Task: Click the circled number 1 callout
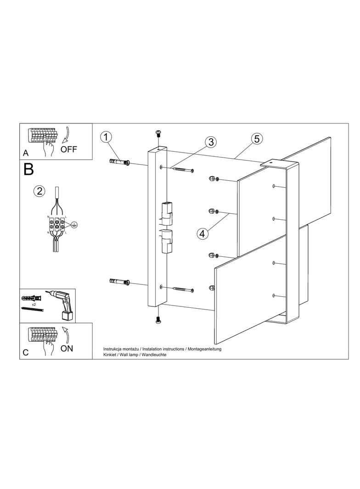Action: (x=106, y=137)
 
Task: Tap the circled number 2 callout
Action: (x=39, y=191)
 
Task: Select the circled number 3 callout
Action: (x=211, y=142)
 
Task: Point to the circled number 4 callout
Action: (x=202, y=233)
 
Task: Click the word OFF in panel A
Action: (x=68, y=150)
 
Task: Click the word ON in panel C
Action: (x=67, y=348)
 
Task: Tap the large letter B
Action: (x=28, y=169)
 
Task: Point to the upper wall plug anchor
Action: (x=120, y=162)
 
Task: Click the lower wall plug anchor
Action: (x=120, y=282)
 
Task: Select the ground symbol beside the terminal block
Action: (x=74, y=223)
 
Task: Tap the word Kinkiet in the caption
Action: (x=110, y=355)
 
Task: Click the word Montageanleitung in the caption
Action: (x=204, y=349)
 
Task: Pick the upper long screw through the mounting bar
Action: (x=183, y=170)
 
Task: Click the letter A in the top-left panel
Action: (x=26, y=153)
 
